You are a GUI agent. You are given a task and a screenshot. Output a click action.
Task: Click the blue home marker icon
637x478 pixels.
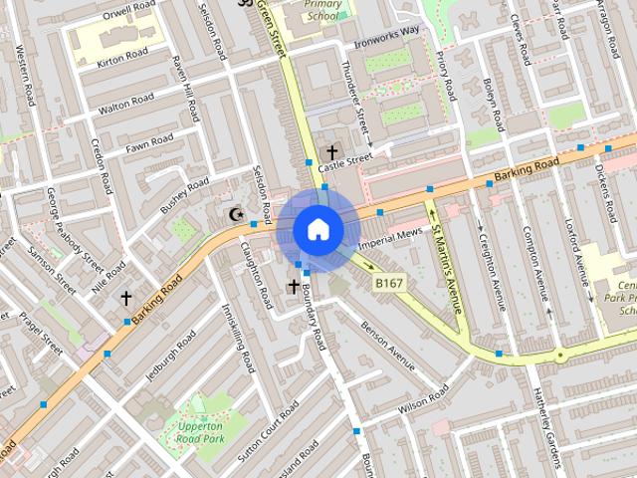point(318,230)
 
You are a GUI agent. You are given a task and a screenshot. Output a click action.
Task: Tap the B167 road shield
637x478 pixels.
point(389,285)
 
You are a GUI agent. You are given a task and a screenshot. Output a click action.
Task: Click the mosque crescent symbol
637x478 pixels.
point(237,214)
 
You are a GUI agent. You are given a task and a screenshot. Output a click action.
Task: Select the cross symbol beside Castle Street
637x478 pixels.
point(331,152)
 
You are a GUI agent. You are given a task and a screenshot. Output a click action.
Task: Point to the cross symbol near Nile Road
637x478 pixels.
point(126,297)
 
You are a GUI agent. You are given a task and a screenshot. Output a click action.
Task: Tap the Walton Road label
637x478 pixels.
point(126,102)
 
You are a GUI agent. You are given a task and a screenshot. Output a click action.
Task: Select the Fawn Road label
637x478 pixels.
point(149,144)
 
